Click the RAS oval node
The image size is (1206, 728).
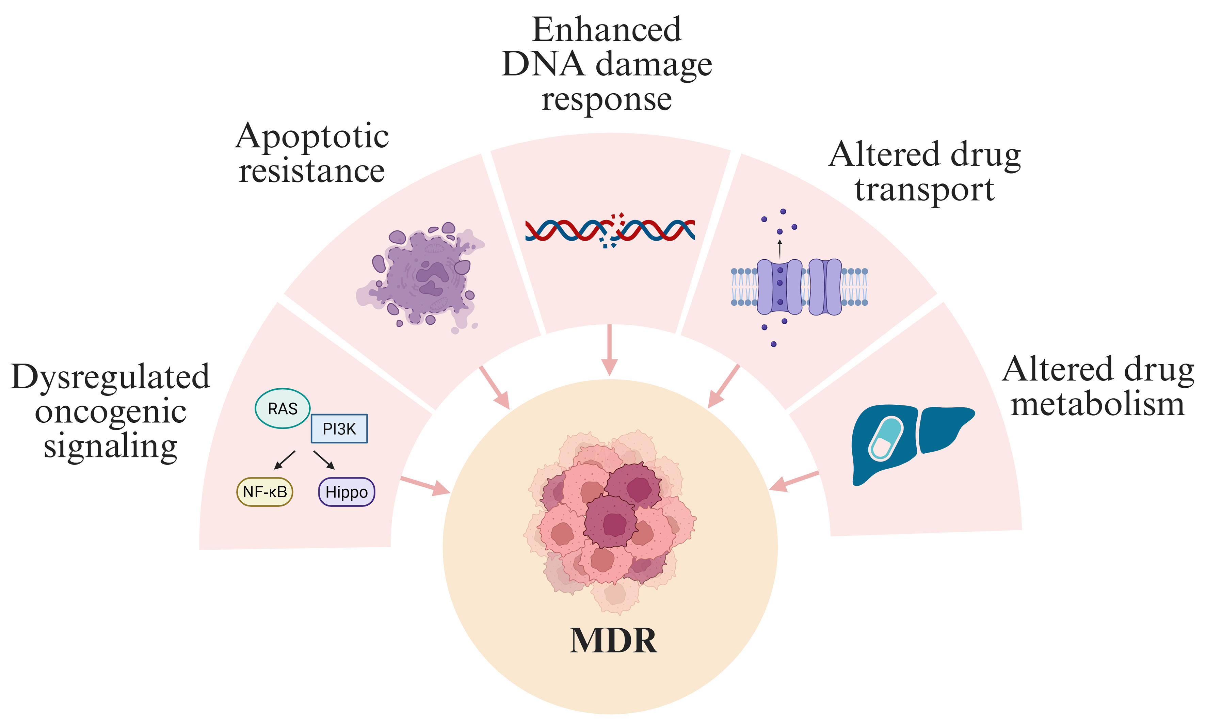click(x=283, y=408)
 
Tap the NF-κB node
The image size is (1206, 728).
click(x=265, y=492)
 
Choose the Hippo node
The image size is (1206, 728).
click(x=347, y=492)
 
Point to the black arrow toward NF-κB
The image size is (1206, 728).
click(x=285, y=460)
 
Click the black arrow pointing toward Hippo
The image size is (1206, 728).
click(x=324, y=460)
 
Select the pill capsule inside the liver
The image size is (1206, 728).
click(x=886, y=438)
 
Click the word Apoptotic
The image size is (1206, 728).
click(x=312, y=137)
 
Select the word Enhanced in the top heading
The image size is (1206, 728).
click(x=607, y=30)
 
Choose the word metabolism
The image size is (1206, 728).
click(x=1097, y=405)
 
